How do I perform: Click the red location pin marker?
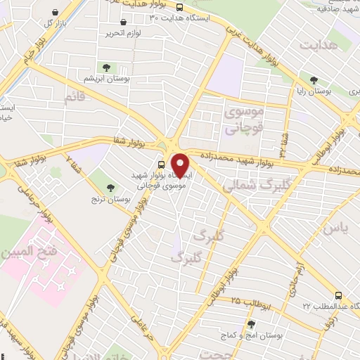(180, 165)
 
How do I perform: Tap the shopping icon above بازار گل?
(56, 13)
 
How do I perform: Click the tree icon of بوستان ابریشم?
(106, 67)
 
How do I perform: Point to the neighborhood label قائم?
(75, 99)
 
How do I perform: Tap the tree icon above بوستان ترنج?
(111, 187)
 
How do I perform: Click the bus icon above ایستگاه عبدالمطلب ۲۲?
(339, 296)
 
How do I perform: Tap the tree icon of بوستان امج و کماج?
(251, 324)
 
